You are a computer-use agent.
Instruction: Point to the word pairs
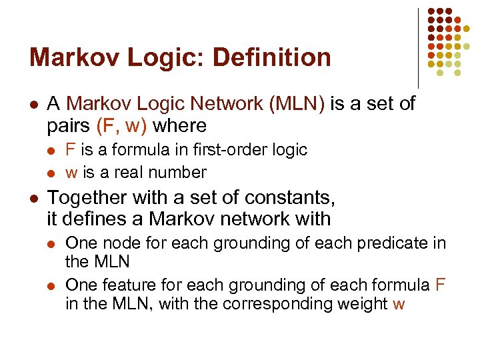[69, 125]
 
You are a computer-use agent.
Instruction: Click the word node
[117, 243]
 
